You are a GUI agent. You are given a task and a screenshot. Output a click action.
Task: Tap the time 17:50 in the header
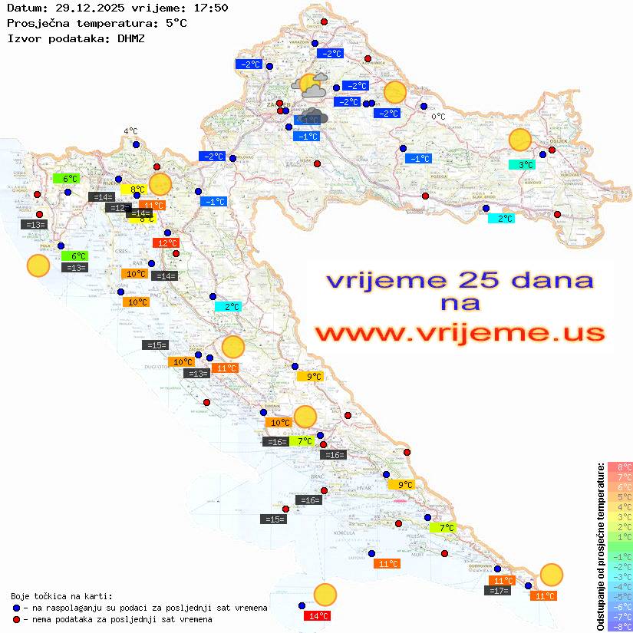209,8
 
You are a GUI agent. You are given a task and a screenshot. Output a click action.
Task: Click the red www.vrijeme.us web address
459,334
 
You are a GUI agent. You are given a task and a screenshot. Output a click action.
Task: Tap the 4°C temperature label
130,131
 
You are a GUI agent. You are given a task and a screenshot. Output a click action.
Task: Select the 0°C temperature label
438,117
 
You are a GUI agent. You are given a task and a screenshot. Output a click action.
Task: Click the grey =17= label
498,591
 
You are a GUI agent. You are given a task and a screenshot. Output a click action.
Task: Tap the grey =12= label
117,208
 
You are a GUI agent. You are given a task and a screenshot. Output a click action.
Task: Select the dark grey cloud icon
314,117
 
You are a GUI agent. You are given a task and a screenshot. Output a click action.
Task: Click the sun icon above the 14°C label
325,595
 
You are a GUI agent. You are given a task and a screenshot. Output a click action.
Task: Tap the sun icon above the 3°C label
520,140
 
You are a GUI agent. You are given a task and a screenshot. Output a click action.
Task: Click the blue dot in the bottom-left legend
17,608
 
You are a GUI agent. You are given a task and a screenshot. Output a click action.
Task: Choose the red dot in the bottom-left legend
17,619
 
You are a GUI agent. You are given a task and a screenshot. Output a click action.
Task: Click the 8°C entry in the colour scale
620,467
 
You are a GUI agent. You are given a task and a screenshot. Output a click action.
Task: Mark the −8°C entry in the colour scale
620,627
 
